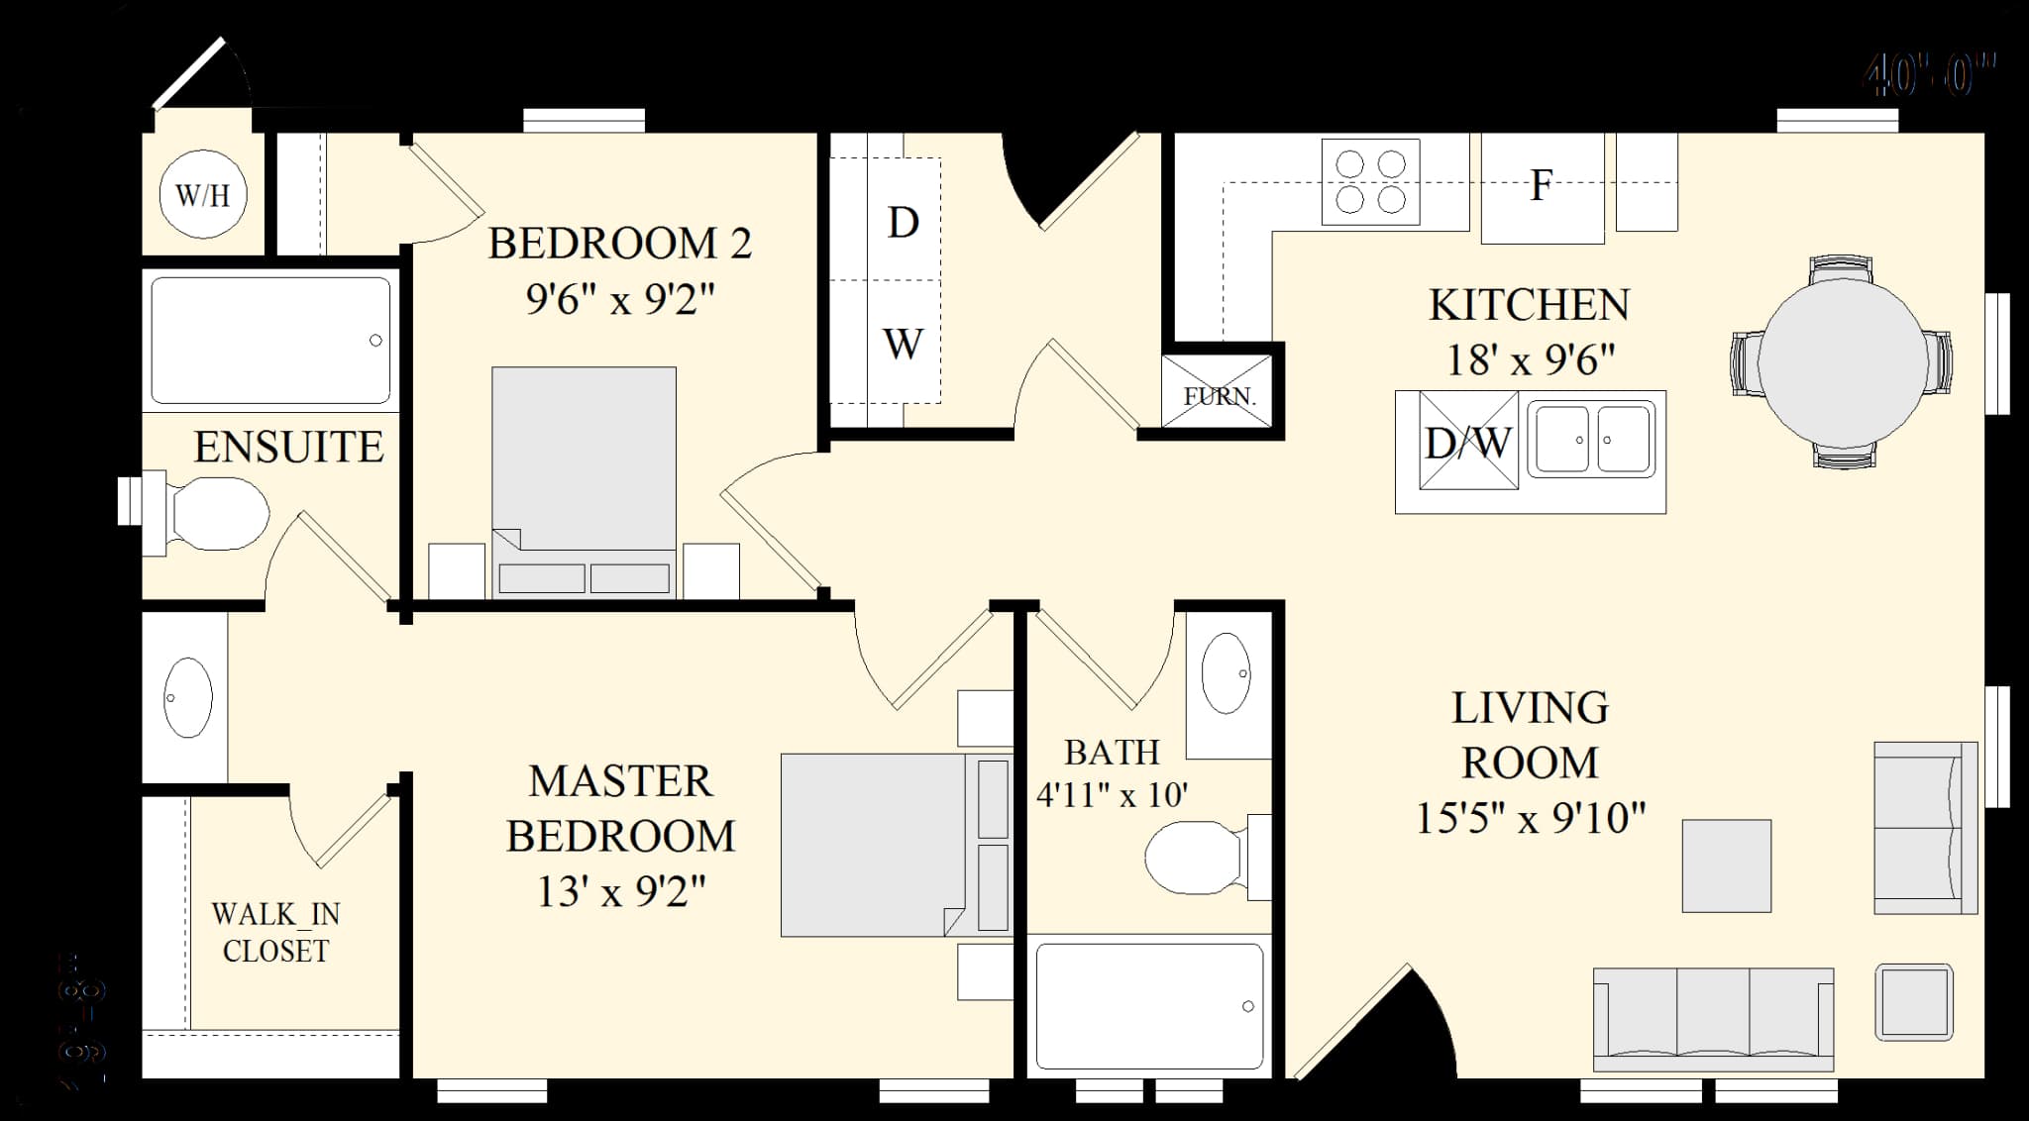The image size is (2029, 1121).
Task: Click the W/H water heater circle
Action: (x=203, y=194)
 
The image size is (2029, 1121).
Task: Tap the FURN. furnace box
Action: (x=1218, y=394)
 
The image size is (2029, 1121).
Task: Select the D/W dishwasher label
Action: (x=1468, y=442)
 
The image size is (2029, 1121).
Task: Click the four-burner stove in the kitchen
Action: (x=1370, y=181)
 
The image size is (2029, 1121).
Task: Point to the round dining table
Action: (x=1842, y=361)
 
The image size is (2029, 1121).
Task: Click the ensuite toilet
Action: (x=213, y=515)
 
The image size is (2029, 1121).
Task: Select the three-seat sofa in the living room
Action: (x=1713, y=1018)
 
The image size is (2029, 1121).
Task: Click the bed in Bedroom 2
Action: (x=585, y=475)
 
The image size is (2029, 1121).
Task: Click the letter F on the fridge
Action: (x=1541, y=185)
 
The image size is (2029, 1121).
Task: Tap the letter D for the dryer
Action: (x=903, y=223)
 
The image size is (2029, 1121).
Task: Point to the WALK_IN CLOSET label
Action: (x=275, y=932)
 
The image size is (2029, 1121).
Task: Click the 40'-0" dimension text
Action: (x=1928, y=75)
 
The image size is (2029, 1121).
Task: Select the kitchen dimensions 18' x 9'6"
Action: (x=1531, y=359)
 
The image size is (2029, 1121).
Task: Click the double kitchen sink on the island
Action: (x=1591, y=439)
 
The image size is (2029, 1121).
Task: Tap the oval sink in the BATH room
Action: (x=1227, y=673)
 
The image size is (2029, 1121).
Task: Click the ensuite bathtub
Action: (x=270, y=340)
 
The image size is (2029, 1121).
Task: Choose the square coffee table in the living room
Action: (x=1726, y=866)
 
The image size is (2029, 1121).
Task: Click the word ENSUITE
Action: (x=288, y=448)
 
